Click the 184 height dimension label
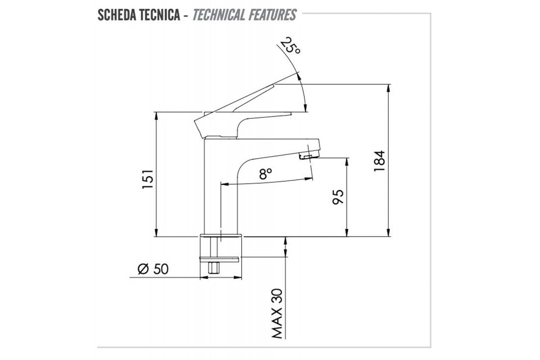click(379, 161)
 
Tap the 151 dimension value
click(148, 180)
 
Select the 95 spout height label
click(338, 197)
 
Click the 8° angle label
click(265, 174)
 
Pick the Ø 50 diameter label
click(153, 269)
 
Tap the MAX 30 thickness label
click(277, 314)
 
